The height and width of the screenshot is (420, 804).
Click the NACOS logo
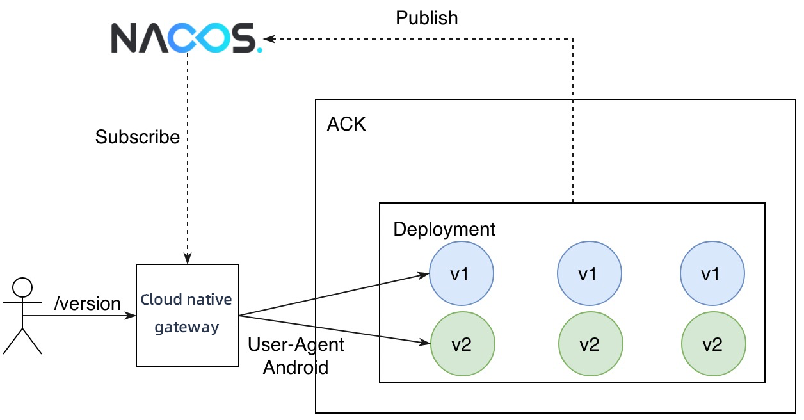coord(186,38)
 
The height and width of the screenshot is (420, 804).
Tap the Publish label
coord(427,18)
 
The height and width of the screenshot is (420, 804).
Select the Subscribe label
coord(138,137)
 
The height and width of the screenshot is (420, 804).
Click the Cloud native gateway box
coord(188,315)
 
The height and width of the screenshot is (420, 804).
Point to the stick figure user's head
coord(23,286)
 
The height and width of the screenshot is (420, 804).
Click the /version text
coord(88,303)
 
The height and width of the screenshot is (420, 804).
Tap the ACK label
coord(346,124)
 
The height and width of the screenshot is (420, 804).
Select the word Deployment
coord(444,229)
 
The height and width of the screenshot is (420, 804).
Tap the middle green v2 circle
coord(590,344)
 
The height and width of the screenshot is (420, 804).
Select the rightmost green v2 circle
coord(713,344)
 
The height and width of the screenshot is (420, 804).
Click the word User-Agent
coord(296,344)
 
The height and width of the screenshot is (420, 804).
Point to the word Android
coord(296,367)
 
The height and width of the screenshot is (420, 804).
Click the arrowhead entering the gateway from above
coord(188,259)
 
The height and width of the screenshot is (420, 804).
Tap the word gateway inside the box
coord(187,327)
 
